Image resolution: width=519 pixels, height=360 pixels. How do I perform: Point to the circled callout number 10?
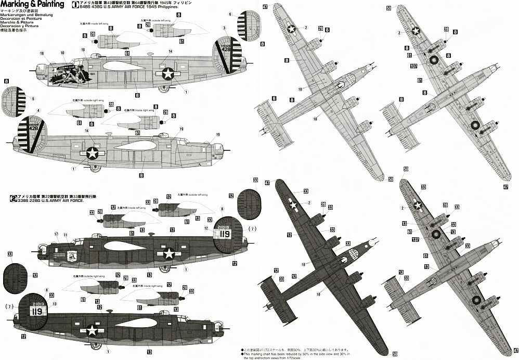coord(63,53)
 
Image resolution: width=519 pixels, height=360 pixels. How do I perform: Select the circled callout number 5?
coord(33,98)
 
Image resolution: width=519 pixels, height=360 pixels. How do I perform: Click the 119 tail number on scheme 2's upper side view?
coord(225,234)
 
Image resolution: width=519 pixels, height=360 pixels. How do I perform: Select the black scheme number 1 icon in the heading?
coord(75,4)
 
